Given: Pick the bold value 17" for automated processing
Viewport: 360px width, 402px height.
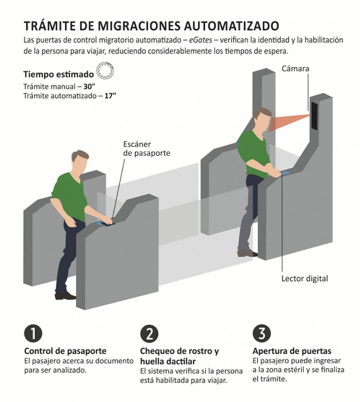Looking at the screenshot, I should point(111,96).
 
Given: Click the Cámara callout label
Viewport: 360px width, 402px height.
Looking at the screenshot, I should point(295,69).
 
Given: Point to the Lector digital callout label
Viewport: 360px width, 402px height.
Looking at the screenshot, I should point(305,279).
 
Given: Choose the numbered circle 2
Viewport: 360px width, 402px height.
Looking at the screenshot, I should point(149,334).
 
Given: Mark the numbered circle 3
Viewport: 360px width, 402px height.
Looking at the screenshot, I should point(262,334).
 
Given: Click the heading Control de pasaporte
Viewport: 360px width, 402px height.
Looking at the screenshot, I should point(65,351).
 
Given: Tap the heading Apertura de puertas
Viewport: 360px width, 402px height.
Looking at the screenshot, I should point(292,351).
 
